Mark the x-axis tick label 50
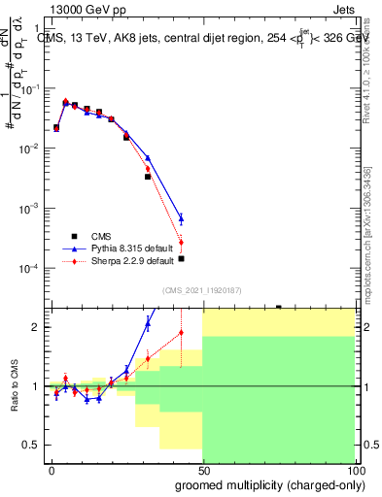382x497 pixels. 202,470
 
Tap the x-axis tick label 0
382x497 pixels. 52,470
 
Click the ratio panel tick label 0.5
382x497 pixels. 31,445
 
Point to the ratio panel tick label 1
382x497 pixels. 36,386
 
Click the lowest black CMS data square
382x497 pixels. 181,259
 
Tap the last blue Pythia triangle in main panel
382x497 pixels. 181,218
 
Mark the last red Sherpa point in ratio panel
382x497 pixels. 181,333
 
